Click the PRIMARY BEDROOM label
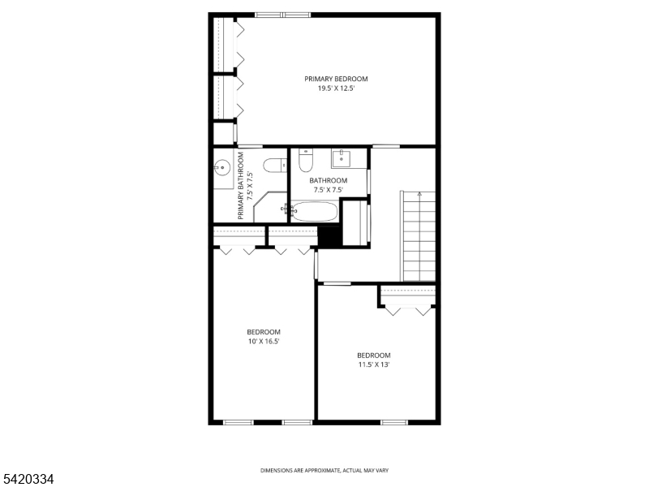click(x=336, y=79)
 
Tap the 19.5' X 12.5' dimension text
click(x=336, y=88)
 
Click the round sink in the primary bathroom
click(x=221, y=168)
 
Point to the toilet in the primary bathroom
click(x=275, y=166)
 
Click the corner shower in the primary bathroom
click(x=270, y=207)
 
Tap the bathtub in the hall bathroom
click(x=314, y=211)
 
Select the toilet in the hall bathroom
click(x=306, y=160)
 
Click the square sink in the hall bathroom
click(x=341, y=158)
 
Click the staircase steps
click(x=419, y=236)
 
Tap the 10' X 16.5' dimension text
click(x=264, y=341)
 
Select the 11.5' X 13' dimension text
click(x=374, y=364)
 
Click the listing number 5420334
click(x=27, y=479)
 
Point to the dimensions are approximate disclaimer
click(x=324, y=471)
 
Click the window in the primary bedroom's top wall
click(x=282, y=15)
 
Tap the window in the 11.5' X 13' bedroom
click(x=394, y=422)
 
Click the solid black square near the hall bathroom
click(x=330, y=237)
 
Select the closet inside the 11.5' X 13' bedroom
click(x=408, y=296)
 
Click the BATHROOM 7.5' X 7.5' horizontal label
click(x=329, y=185)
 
